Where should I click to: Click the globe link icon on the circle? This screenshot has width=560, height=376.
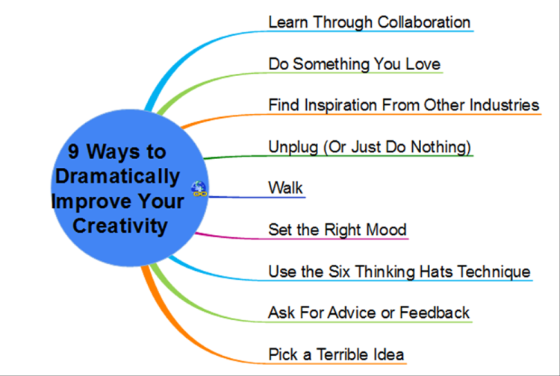pyautogui.click(x=199, y=189)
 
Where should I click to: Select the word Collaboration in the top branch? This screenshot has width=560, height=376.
pyautogui.click(x=423, y=22)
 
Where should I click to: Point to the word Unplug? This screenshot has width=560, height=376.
pyautogui.click(x=293, y=147)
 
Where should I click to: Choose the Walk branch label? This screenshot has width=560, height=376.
pyautogui.click(x=285, y=188)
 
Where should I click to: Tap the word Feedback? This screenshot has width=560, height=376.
pyautogui.click(x=435, y=313)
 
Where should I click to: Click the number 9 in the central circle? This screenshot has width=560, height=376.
pyautogui.click(x=73, y=151)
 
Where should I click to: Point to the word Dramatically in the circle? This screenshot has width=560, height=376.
pyautogui.click(x=117, y=177)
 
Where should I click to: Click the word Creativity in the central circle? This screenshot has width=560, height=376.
pyautogui.click(x=120, y=226)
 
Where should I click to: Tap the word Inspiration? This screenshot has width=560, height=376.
pyautogui.click(x=340, y=106)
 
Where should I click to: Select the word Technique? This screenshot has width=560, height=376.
pyautogui.click(x=494, y=272)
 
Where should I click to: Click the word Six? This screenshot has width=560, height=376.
pyautogui.click(x=339, y=272)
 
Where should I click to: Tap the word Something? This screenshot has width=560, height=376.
pyautogui.click(x=331, y=65)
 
